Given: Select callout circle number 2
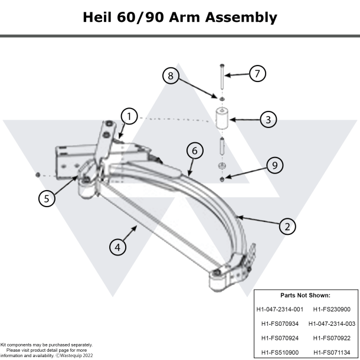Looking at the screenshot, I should (x=287, y=225).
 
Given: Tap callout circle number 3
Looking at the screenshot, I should (x=268, y=119).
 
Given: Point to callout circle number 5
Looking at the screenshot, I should (x=47, y=198).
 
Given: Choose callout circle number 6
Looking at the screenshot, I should (x=193, y=150).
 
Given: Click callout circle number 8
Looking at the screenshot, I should (x=171, y=76).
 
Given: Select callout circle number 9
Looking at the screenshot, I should (x=273, y=166).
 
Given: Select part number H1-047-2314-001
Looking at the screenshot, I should (x=280, y=309).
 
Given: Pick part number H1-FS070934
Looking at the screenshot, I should (x=280, y=323).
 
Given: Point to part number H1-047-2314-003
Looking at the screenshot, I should (x=332, y=323).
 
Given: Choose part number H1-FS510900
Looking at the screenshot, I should (x=280, y=352).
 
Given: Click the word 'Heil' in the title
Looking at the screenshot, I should (x=102, y=17).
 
